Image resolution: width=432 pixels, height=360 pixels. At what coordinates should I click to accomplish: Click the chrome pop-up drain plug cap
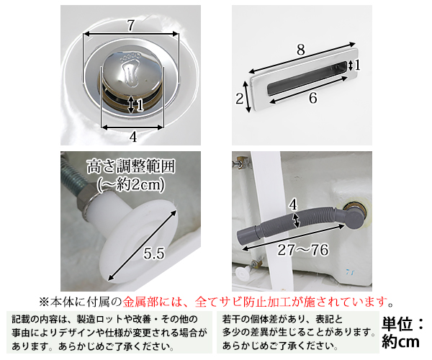[x=131, y=79]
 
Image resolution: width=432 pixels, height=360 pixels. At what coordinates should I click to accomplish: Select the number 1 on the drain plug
[x=140, y=105]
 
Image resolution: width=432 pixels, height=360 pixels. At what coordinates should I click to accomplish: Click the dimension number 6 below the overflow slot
[x=312, y=99]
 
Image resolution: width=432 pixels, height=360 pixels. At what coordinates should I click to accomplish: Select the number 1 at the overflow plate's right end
[x=358, y=66]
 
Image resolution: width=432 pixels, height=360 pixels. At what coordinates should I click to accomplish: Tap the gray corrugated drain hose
[x=288, y=226]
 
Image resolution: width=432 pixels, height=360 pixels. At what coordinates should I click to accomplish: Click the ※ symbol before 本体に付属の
[x=45, y=300]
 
